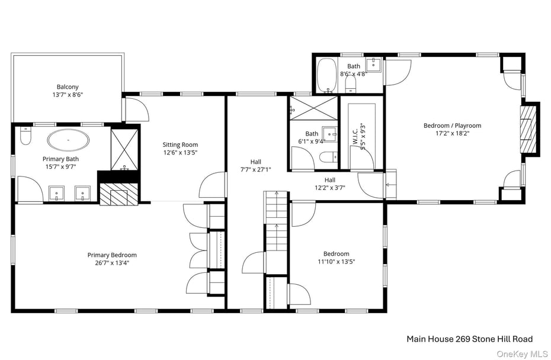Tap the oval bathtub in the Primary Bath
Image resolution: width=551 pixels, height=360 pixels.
pos(69,140)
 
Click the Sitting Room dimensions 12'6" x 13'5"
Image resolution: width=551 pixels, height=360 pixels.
pos(180,152)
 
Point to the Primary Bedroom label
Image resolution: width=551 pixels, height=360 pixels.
pos(112,255)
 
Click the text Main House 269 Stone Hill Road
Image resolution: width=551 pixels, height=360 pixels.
pos(469,339)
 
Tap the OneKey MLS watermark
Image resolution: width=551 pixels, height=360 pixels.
pos(522,354)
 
